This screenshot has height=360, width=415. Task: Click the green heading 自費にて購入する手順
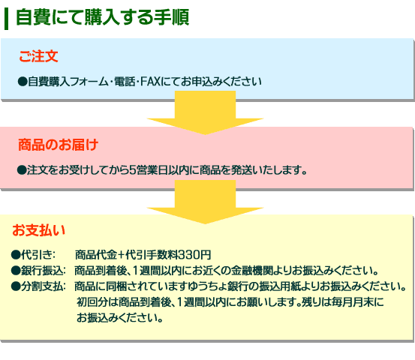click(103, 17)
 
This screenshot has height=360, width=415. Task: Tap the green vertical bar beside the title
click(6, 19)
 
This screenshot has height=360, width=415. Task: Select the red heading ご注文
click(38, 56)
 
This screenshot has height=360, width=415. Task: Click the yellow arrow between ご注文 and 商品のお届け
click(205, 112)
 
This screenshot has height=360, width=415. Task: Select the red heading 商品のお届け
click(59, 145)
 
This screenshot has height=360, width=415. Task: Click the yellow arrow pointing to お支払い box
click(205, 202)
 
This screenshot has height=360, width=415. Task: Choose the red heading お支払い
click(38, 230)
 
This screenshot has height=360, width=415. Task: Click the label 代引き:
click(38, 255)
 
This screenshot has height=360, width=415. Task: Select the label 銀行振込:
click(44, 271)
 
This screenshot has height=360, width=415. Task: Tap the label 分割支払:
click(44, 286)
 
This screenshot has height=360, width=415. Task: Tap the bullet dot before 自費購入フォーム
click(23, 82)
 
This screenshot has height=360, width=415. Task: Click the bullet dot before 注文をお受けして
click(22, 170)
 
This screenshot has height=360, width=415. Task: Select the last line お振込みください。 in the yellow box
click(119, 318)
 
